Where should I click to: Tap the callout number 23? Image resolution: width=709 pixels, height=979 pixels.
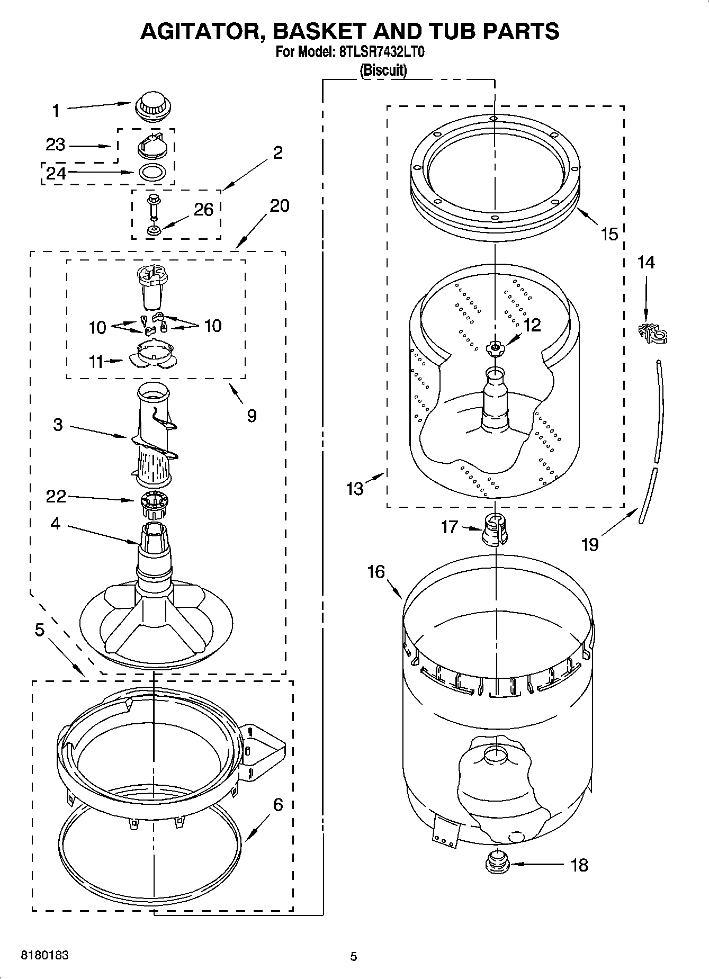tap(55, 145)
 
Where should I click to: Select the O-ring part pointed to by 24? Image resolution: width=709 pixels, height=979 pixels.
tap(152, 172)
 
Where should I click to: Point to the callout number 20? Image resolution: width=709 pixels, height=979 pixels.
tap(280, 205)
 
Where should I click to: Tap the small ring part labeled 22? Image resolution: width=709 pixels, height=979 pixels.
tap(154, 505)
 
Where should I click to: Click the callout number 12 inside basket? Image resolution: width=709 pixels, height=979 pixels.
tap(532, 325)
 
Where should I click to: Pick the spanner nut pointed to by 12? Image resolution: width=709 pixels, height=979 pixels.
tap(495, 347)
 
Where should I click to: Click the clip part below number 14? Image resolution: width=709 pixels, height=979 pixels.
tap(653, 333)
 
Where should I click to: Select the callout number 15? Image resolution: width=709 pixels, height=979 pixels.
tap(609, 233)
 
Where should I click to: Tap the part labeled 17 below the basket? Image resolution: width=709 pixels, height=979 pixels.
tap(495, 528)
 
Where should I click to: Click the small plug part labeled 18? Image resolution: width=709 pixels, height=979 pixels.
tap(497, 864)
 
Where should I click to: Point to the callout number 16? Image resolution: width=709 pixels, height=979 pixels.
tap(376, 571)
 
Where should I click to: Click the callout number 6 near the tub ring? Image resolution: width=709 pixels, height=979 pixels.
tap(277, 805)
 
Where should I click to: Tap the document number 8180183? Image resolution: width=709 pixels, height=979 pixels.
tap(44, 955)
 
